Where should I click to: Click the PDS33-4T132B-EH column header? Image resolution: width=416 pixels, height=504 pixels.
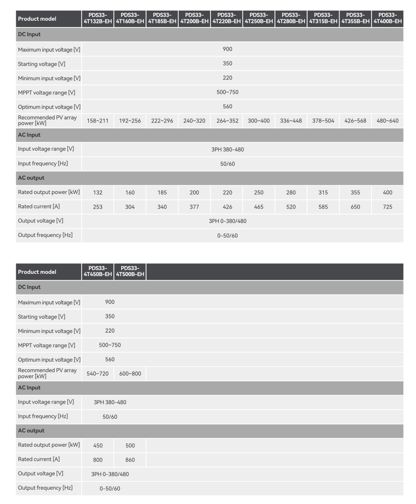coord(98,18)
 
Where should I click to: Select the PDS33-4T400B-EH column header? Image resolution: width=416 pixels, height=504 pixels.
coord(387,18)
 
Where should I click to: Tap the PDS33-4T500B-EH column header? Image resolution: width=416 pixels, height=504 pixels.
coord(130,272)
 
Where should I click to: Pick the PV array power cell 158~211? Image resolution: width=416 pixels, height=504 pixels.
coord(98,121)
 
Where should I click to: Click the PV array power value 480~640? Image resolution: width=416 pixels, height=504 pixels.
coord(387,121)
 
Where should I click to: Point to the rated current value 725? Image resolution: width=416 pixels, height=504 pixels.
coord(387,207)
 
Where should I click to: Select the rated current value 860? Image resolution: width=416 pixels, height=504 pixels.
coord(130,460)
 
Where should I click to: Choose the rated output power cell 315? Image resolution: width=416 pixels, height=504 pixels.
coord(323,192)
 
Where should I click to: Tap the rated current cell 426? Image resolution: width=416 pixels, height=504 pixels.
coord(227,207)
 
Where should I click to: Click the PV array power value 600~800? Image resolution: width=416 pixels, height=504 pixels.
coord(130,374)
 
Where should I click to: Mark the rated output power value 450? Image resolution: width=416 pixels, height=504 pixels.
coord(98,446)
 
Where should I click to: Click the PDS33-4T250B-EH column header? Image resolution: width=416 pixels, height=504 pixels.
coord(259,18)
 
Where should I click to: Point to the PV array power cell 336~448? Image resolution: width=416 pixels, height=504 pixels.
coord(291,121)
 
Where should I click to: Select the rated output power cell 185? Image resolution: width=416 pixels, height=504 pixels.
coord(162,192)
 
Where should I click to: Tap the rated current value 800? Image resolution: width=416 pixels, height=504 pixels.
coord(98,460)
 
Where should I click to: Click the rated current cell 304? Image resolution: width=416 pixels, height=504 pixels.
coord(130,207)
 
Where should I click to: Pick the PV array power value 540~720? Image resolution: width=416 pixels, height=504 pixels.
coord(98,374)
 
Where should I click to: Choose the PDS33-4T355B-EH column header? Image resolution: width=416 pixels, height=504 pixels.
coord(355,18)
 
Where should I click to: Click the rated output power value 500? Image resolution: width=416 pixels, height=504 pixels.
coord(130,446)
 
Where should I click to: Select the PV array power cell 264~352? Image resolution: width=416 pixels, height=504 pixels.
coord(227,121)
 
